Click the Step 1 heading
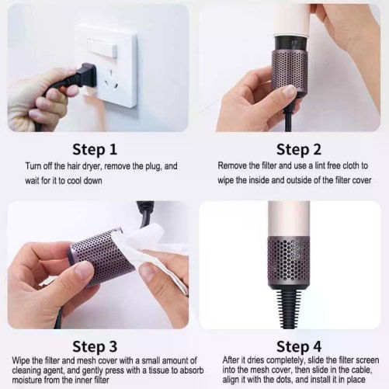[95, 148]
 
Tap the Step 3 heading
[95, 346]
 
